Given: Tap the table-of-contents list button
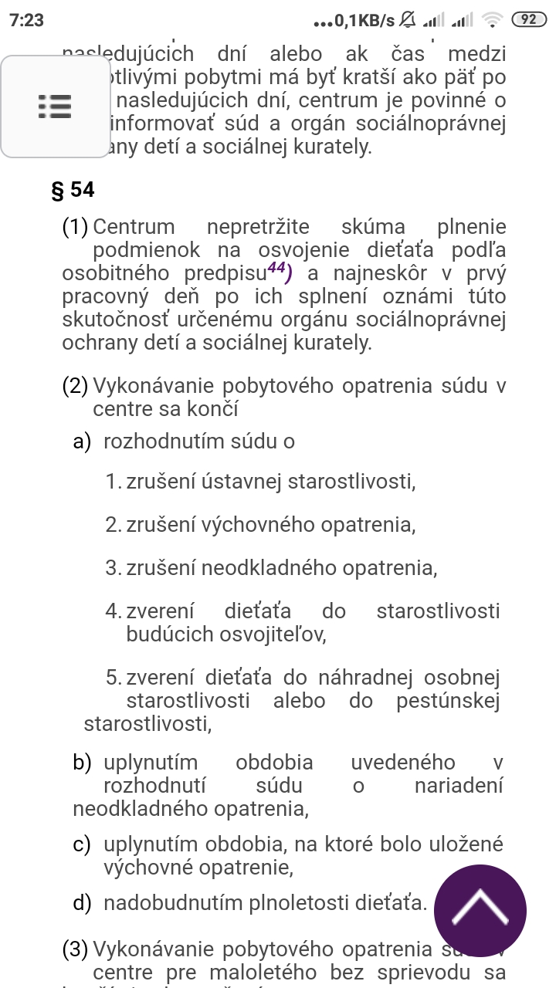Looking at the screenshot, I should (x=56, y=106).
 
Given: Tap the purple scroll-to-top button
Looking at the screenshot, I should (x=480, y=910).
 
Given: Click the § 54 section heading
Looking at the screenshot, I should (x=73, y=190).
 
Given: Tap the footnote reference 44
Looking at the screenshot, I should (x=276, y=270).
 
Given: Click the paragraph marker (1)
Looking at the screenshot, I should (x=76, y=228).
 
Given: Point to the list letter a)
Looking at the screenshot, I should (x=82, y=442).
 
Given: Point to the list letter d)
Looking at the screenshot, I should (x=83, y=902).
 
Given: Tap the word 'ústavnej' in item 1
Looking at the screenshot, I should (x=242, y=483).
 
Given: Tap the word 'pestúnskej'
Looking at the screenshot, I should (x=448, y=701).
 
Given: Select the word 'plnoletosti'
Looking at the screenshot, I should (x=297, y=902).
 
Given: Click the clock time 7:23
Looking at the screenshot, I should (x=26, y=21).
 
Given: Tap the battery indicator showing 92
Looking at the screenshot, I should (x=528, y=21).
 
